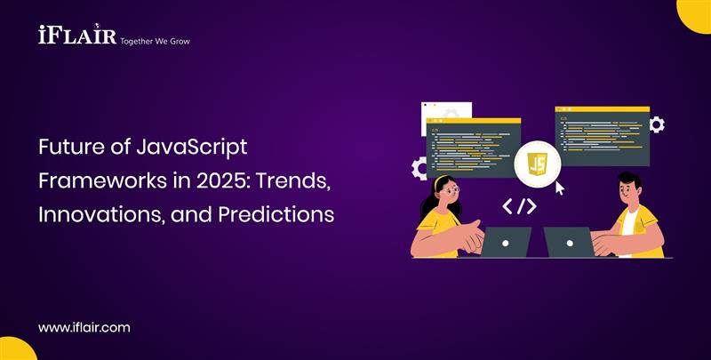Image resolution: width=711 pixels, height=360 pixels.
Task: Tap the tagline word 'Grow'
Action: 176,41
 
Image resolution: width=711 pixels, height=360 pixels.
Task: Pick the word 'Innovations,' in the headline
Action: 99,214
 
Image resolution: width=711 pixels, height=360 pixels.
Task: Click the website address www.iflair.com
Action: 84,327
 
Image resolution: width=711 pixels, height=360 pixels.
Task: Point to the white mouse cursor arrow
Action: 560,188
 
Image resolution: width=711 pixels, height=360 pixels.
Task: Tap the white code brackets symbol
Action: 519,207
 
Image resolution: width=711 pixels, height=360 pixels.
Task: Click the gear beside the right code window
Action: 657,124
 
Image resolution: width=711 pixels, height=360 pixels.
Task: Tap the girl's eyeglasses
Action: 449,190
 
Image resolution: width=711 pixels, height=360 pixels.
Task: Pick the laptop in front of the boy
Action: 569,241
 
